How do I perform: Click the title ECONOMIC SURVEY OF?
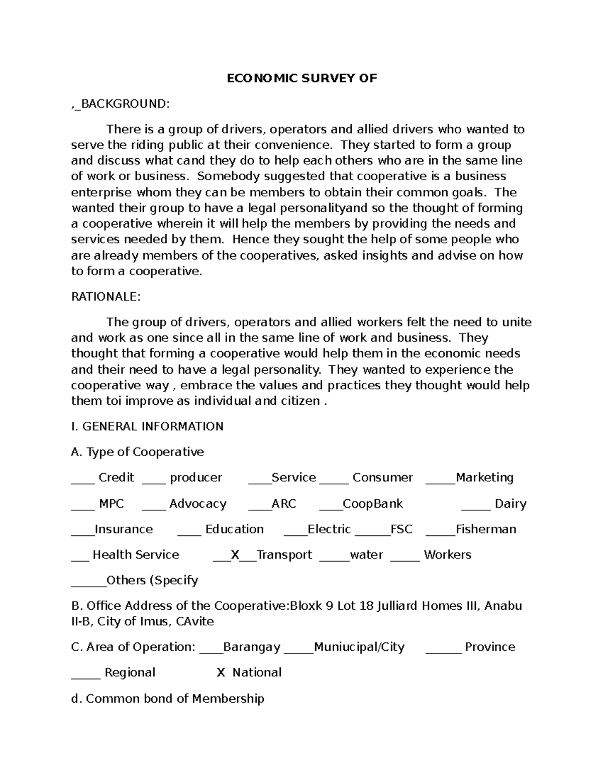point(301,78)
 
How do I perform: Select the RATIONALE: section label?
point(106,297)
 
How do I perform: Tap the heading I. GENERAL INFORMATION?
point(147,426)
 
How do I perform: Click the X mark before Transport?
point(235,554)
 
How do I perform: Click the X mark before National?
point(221,673)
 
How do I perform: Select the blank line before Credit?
point(82,481)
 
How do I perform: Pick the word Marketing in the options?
point(484,477)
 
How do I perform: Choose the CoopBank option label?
point(372,503)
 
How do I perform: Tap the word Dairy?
point(510,503)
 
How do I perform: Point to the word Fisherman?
point(485,529)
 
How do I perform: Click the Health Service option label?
point(136,554)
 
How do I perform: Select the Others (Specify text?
point(152,580)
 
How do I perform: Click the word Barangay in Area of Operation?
point(251,647)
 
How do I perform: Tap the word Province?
point(490,647)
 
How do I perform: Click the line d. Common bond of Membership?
point(168,698)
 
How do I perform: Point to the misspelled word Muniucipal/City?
point(359,647)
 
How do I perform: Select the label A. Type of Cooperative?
point(138,452)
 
